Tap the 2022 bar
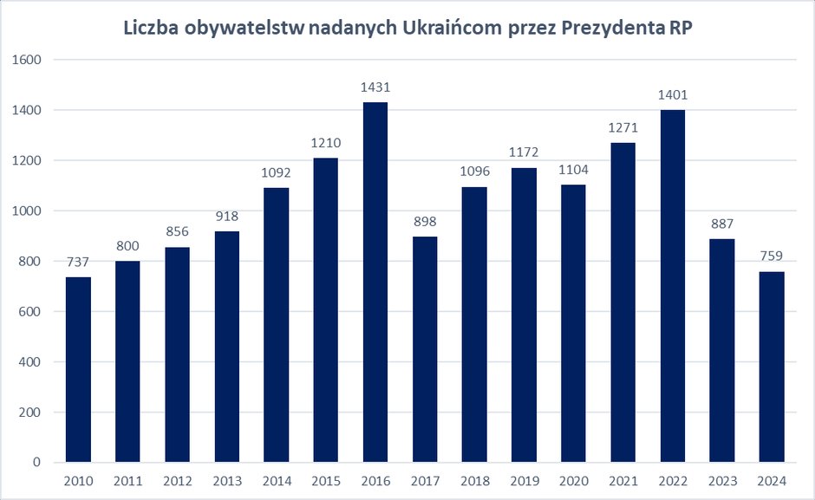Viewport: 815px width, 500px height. (x=672, y=286)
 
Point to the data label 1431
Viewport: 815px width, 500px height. (x=375, y=88)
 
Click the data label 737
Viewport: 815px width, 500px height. (x=78, y=263)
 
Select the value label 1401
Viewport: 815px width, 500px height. (x=672, y=95)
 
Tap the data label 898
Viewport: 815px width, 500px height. (x=425, y=222)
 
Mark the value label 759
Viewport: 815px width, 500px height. (x=772, y=256)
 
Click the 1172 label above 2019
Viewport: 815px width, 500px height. (x=524, y=153)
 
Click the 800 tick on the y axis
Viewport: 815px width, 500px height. (x=31, y=261)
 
